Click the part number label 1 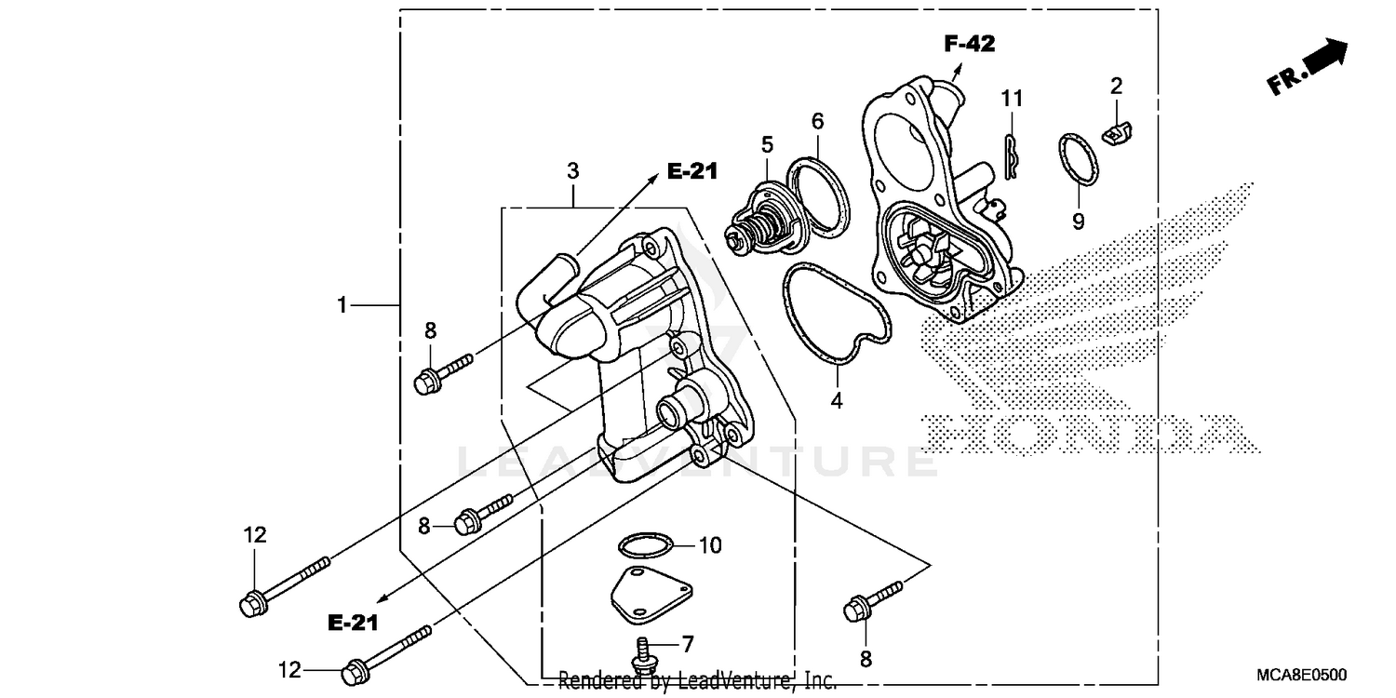342,304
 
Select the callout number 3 573,171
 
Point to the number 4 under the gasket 837,401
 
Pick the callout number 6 817,121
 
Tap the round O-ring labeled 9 1078,159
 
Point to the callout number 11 1013,98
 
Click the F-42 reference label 969,43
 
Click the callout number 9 1079,221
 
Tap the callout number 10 709,544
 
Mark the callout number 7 688,644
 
